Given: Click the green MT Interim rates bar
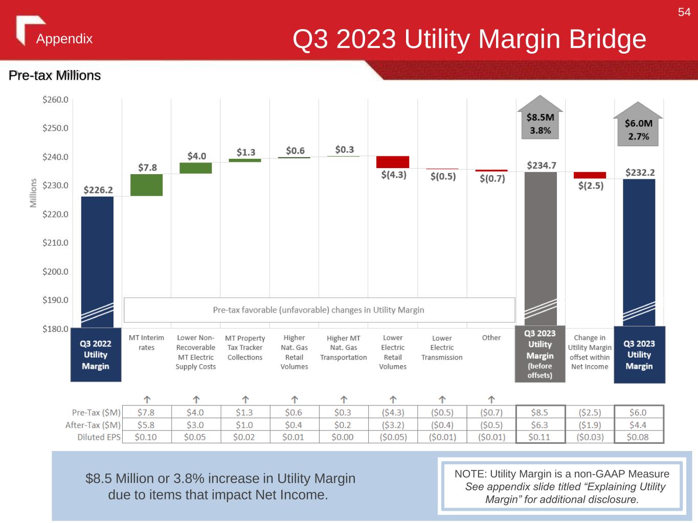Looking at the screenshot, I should [x=146, y=185].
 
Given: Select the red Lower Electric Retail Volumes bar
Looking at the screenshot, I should [x=393, y=162].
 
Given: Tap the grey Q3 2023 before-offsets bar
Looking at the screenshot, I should [x=541, y=245].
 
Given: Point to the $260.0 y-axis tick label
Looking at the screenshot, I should [x=55, y=100].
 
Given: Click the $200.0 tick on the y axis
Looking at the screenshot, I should [x=55, y=272].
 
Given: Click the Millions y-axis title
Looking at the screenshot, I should [x=34, y=193].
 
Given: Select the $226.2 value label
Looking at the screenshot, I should [x=98, y=190].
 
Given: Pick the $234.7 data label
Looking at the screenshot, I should [x=542, y=165].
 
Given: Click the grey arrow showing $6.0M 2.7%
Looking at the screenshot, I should [x=638, y=125].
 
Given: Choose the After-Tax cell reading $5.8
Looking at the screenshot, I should [x=146, y=425].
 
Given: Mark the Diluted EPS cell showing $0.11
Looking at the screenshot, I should [x=539, y=437].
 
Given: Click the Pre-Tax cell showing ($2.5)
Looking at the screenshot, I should [x=590, y=412].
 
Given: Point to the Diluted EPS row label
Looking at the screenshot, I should [x=99, y=437].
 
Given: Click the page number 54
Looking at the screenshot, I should [x=684, y=12].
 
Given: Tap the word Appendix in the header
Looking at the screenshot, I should [x=64, y=39].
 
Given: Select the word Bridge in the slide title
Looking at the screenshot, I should [x=607, y=39].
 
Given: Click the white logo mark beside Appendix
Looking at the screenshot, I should [x=26, y=29].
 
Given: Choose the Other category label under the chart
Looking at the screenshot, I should [x=491, y=338].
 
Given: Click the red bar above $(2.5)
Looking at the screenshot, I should [x=590, y=175].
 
